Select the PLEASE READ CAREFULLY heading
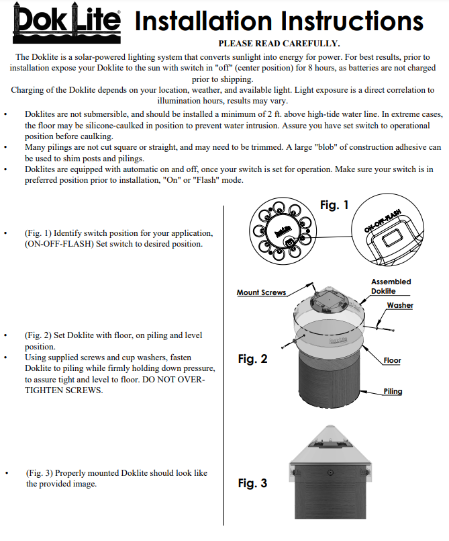click(279, 44)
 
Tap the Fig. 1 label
click(334, 205)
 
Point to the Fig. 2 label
click(252, 359)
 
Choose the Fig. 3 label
click(252, 483)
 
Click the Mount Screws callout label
click(261, 292)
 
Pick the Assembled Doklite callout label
click(391, 286)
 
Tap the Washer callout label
click(399, 305)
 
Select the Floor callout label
click(392, 361)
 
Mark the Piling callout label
click(393, 391)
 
